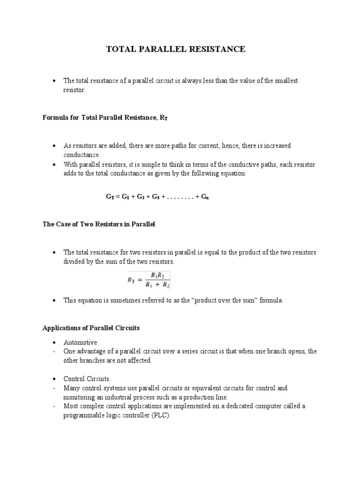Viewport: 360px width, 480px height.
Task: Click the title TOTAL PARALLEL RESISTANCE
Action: [x=176, y=49]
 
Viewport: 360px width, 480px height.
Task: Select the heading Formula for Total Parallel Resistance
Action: [x=105, y=118]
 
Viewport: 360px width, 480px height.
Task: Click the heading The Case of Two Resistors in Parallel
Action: [x=98, y=225]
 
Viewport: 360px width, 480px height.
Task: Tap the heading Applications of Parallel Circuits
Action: [x=91, y=328]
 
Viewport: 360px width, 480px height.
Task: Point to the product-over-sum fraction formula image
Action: [x=149, y=280]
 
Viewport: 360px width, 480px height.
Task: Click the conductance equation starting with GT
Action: [x=157, y=197]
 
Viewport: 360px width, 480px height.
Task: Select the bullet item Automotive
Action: [x=80, y=343]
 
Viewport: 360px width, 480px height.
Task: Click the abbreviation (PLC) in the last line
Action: [x=162, y=415]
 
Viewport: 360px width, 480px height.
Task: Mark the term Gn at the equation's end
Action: [x=205, y=197]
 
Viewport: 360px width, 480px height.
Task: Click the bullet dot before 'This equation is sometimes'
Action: [x=55, y=300]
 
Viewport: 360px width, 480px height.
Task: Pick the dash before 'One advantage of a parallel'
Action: [x=54, y=352]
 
